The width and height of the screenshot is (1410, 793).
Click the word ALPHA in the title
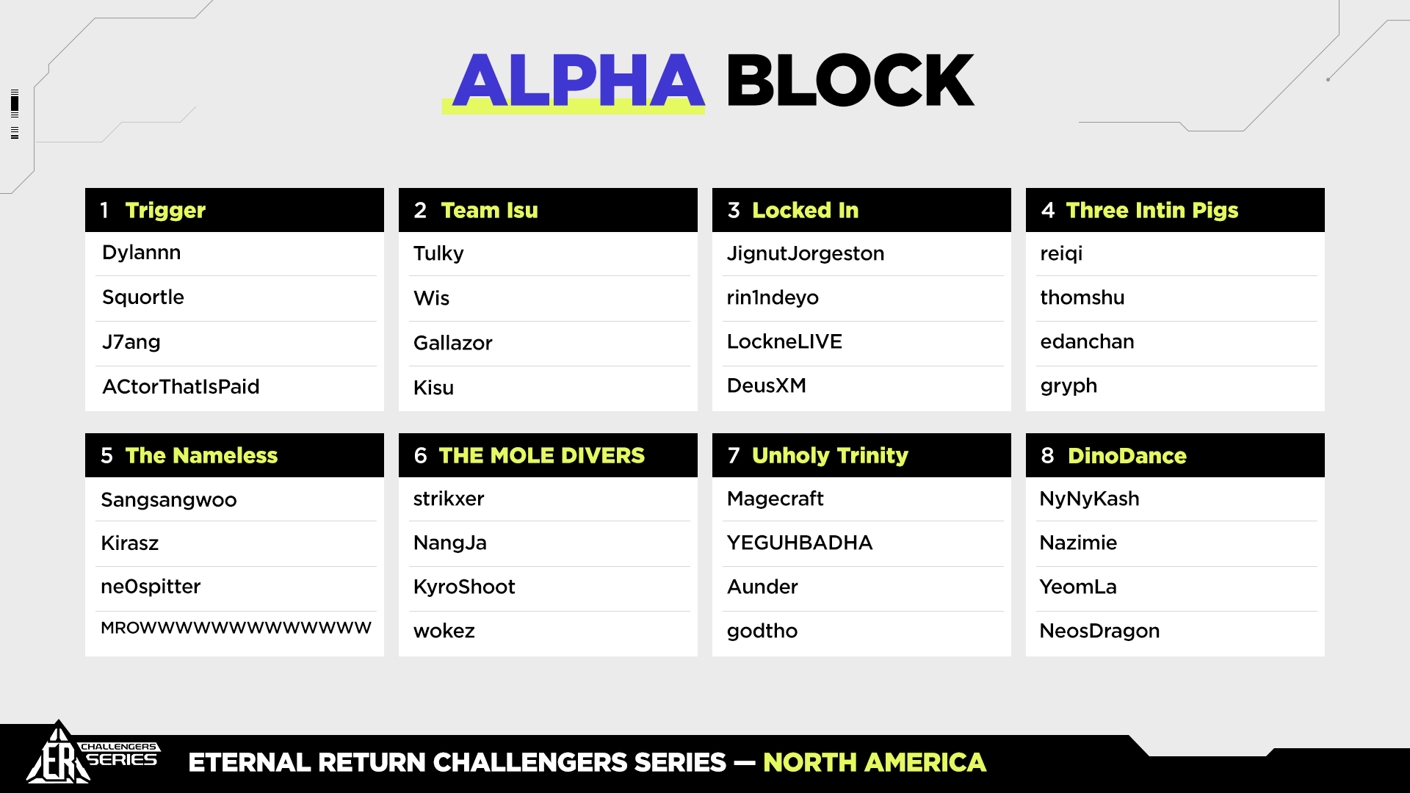(x=579, y=80)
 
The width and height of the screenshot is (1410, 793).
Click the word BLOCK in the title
(x=850, y=80)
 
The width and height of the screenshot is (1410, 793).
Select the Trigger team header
(x=165, y=211)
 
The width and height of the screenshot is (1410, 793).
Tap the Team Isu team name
(x=489, y=211)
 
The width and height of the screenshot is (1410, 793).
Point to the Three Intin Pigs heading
(x=1151, y=211)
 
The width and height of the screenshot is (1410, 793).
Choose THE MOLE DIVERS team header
(x=542, y=455)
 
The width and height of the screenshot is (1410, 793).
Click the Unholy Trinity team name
(x=830, y=456)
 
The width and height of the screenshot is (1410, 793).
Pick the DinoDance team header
(x=1127, y=456)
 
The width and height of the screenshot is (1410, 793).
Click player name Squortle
(x=143, y=297)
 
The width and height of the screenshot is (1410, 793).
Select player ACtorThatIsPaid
(x=181, y=387)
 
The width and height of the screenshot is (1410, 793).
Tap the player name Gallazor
(x=453, y=343)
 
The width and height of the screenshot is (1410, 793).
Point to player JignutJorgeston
(x=806, y=254)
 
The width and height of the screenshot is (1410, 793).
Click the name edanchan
(x=1087, y=341)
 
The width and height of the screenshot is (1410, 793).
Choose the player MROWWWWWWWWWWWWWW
(x=236, y=628)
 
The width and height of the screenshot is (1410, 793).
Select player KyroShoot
(x=464, y=587)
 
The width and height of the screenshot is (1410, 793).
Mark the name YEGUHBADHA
(x=800, y=543)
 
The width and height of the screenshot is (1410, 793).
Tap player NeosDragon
(x=1099, y=631)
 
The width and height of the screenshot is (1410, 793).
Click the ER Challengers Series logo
(x=92, y=754)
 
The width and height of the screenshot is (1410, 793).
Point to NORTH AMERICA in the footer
(x=875, y=763)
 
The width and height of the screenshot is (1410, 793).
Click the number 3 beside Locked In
(x=734, y=211)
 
